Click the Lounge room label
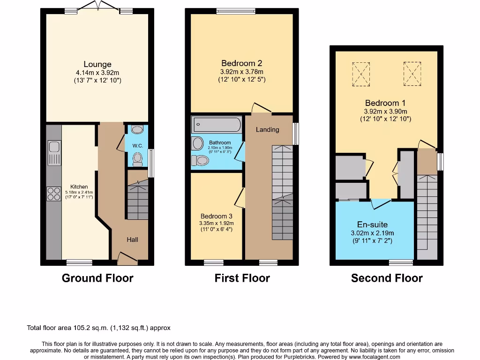[x=97, y=64]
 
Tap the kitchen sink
[x=54, y=153]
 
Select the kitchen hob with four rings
[x=54, y=194]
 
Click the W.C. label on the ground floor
[x=137, y=146]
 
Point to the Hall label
[x=132, y=240]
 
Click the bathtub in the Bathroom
[x=216, y=125]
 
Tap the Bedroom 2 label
[x=241, y=63]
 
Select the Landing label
[x=267, y=129]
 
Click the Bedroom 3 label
[x=216, y=216]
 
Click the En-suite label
[x=372, y=225]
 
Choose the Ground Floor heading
[x=97, y=278]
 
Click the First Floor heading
[x=242, y=278]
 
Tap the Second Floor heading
[x=387, y=278]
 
